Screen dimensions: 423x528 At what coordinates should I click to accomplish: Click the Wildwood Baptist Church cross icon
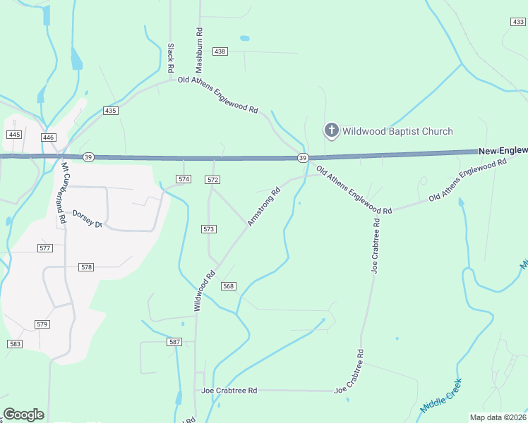331,130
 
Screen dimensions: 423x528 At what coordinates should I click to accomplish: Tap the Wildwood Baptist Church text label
397,131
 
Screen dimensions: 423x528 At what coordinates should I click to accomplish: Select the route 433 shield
517,23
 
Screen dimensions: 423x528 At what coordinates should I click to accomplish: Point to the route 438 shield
220,51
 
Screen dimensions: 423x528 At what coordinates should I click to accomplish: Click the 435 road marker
110,111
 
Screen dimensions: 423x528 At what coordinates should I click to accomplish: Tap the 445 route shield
13,134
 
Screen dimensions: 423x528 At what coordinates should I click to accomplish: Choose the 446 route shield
49,137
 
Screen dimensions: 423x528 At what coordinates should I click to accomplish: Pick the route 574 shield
184,179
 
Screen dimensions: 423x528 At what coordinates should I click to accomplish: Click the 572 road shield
213,180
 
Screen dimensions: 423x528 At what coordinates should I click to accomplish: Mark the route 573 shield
208,229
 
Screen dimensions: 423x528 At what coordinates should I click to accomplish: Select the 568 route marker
228,286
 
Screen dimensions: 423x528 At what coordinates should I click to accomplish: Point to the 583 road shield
15,343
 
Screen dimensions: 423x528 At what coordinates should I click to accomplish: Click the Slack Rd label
171,59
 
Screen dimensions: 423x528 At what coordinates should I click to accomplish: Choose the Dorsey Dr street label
88,218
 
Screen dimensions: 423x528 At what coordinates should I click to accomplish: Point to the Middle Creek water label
442,397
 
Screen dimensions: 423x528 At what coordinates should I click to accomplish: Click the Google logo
24,414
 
